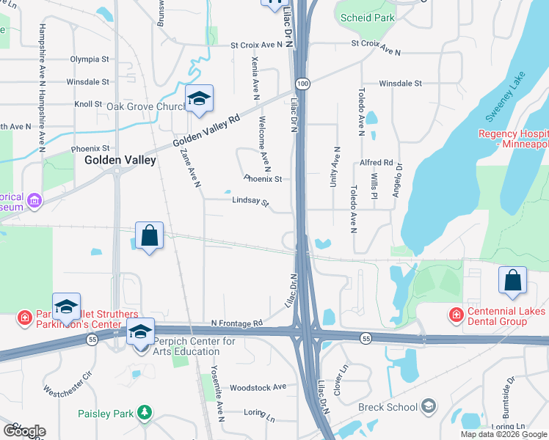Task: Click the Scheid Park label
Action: [x=371, y=18]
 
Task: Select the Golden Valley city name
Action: [x=120, y=159]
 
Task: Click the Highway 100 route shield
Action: [x=303, y=85]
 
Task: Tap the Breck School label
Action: [x=387, y=407]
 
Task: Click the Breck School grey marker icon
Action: [x=428, y=406]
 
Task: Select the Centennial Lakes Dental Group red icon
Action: [x=456, y=314]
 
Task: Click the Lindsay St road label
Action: [x=250, y=200]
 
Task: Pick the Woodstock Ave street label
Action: [x=258, y=387]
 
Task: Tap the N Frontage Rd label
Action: [x=236, y=323]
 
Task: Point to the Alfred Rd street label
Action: [x=377, y=163]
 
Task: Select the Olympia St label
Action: [x=89, y=59]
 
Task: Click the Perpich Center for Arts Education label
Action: [x=194, y=346]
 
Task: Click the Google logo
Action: [x=23, y=430]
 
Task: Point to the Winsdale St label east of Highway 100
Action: [x=401, y=84]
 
